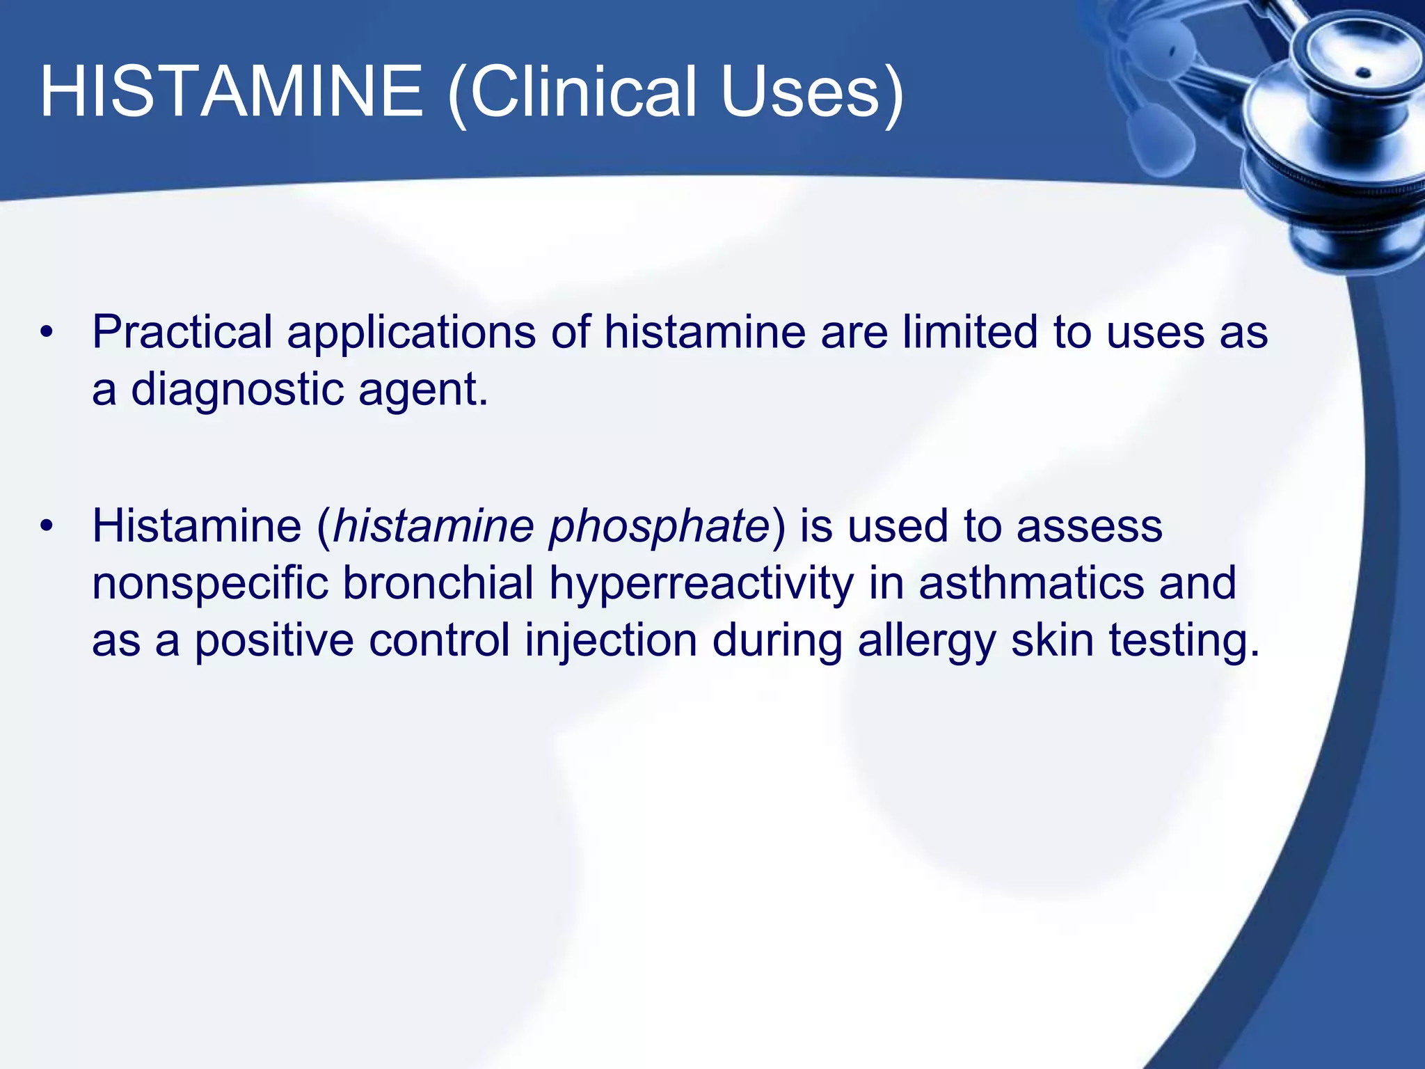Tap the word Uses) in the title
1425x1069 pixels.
[x=812, y=92]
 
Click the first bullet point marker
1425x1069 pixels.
[x=46, y=332]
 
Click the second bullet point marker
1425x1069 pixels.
[x=46, y=526]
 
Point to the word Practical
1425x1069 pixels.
[x=182, y=332]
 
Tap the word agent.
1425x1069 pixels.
[x=423, y=389]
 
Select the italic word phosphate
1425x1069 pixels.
[x=658, y=526]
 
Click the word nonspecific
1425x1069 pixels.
[x=209, y=583]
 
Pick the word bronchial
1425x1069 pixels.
[x=438, y=583]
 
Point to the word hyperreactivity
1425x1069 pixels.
[x=701, y=583]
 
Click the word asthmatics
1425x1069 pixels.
[x=1031, y=583]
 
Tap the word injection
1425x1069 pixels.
[x=611, y=640]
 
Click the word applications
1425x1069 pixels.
[x=411, y=332]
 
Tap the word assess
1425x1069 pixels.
[x=1090, y=526]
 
